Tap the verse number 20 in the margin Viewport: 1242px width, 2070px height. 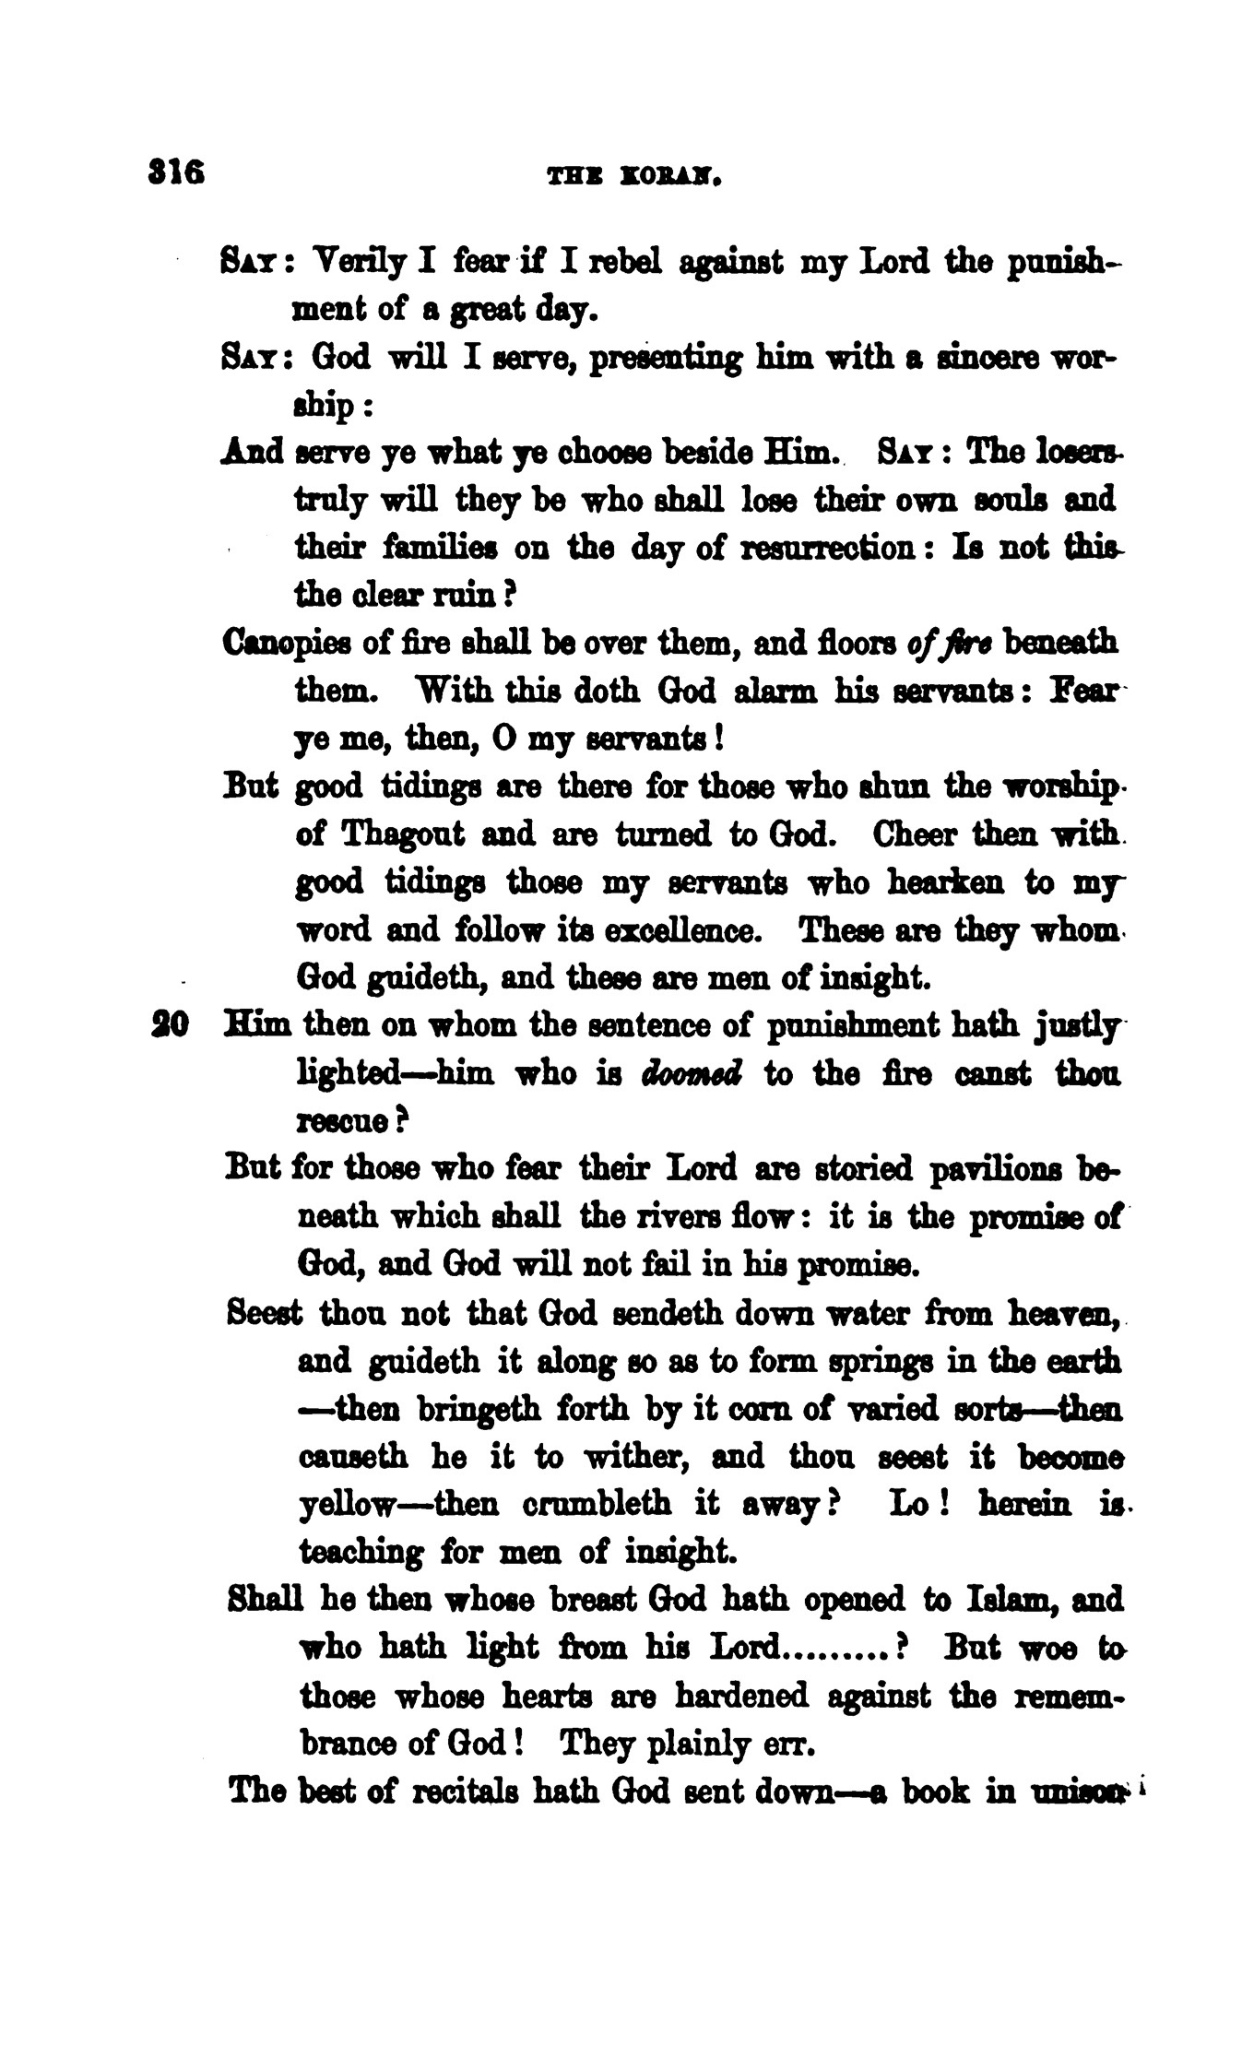coord(169,1026)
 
